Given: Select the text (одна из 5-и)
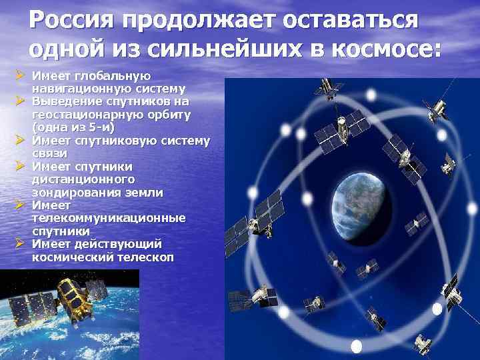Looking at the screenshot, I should click(x=73, y=127).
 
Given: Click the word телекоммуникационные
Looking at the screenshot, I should click(x=109, y=218).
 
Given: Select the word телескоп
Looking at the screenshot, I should click(x=141, y=256).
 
